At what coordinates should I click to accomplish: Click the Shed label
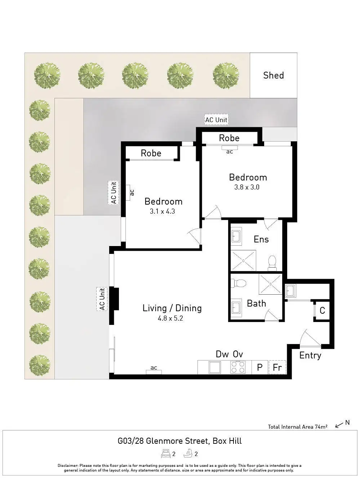point(274,75)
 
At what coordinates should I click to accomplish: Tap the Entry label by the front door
point(310,356)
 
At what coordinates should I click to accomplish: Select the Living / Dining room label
point(172,308)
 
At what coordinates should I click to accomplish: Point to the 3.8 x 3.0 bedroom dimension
point(247,187)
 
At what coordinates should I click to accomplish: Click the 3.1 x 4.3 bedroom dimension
point(162,211)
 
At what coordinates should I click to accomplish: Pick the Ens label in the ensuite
point(261,239)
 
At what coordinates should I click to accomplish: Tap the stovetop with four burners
point(237,367)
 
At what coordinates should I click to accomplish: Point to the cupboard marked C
point(322,310)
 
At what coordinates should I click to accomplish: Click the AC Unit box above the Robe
point(216,120)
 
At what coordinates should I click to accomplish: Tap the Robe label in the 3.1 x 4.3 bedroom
point(151,153)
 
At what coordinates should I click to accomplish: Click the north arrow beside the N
point(339,425)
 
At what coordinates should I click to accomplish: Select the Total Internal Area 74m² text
point(297,427)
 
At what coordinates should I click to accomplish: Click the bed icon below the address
point(166,454)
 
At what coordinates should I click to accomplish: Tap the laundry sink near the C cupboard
point(290,290)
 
